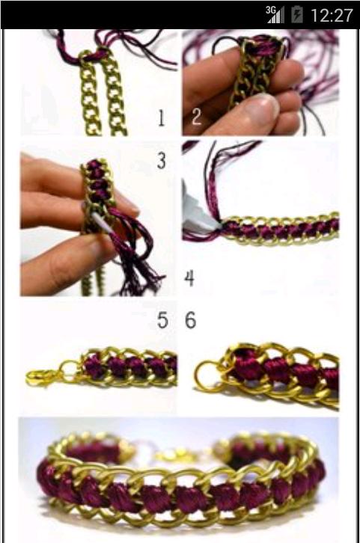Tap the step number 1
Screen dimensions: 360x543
click(x=161, y=118)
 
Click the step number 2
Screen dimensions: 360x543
click(x=196, y=117)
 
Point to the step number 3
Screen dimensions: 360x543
click(x=162, y=161)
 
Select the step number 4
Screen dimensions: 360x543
click(x=189, y=278)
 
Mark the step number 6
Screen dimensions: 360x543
click(x=191, y=320)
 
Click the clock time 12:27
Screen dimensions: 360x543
click(x=332, y=16)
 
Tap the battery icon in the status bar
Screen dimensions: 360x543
click(x=297, y=15)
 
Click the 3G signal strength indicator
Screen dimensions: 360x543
click(x=275, y=15)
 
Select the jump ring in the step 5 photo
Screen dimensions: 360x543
click(x=70, y=369)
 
